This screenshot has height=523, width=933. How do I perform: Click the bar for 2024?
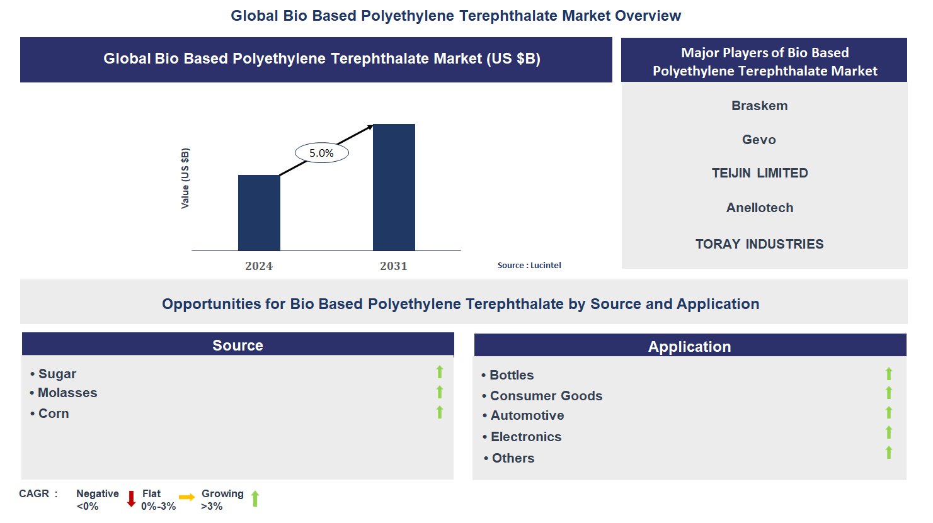point(259,213)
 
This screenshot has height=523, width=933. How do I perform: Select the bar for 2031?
point(394,187)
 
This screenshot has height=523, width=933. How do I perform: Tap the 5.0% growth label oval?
point(321,153)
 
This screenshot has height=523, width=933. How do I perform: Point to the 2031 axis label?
point(394,266)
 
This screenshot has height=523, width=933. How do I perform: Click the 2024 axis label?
point(259,266)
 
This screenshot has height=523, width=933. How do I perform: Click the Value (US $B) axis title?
point(185,179)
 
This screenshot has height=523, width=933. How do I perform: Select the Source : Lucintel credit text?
point(529,266)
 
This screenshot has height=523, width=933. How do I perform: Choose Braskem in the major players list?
point(759,106)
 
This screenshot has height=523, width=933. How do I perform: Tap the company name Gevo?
point(758,140)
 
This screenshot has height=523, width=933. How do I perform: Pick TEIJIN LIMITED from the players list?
point(760,173)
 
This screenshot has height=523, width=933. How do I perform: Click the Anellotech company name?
point(760,208)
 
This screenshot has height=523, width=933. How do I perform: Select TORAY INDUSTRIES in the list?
point(759,244)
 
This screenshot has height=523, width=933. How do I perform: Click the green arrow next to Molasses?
point(440,392)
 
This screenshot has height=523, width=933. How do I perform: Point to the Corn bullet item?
point(54,413)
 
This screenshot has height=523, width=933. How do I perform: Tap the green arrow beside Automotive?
point(889,413)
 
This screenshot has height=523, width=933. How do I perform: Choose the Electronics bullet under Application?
point(526,437)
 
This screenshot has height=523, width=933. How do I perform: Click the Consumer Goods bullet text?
point(546,396)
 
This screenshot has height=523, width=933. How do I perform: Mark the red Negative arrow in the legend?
point(131,499)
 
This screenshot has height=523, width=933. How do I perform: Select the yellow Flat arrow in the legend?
point(186,497)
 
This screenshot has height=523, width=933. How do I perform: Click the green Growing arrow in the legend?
point(255,499)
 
